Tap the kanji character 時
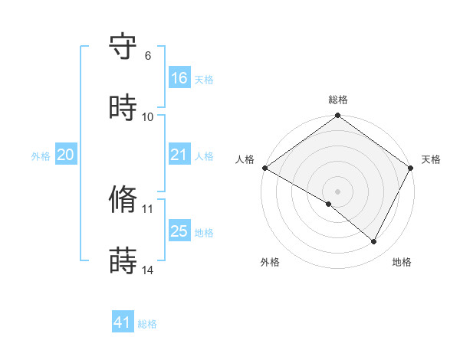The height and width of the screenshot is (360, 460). click(123, 108)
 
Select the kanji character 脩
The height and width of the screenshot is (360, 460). click(123, 200)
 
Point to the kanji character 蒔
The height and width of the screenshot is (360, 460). click(123, 260)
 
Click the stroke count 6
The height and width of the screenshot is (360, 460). click(148, 56)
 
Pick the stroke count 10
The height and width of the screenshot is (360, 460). click(148, 116)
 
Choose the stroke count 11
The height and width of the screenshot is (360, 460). click(148, 208)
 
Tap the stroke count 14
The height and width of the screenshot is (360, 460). click(148, 270)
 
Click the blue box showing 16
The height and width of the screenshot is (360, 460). click(179, 78)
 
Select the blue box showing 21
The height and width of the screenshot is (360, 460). click(179, 155)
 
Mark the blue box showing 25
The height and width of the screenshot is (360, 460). click(179, 231)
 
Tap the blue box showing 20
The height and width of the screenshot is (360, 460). click(66, 155)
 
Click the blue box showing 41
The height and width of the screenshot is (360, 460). click(123, 322)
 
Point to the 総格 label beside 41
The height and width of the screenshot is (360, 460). click(147, 324)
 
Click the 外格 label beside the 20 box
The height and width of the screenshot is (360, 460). click(41, 156)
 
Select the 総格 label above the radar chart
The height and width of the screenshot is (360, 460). click(337, 100)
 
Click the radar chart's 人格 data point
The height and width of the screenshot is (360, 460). click(264, 168)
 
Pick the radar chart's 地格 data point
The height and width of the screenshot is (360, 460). click(374, 242)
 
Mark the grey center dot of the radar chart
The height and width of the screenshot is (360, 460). click(337, 191)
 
